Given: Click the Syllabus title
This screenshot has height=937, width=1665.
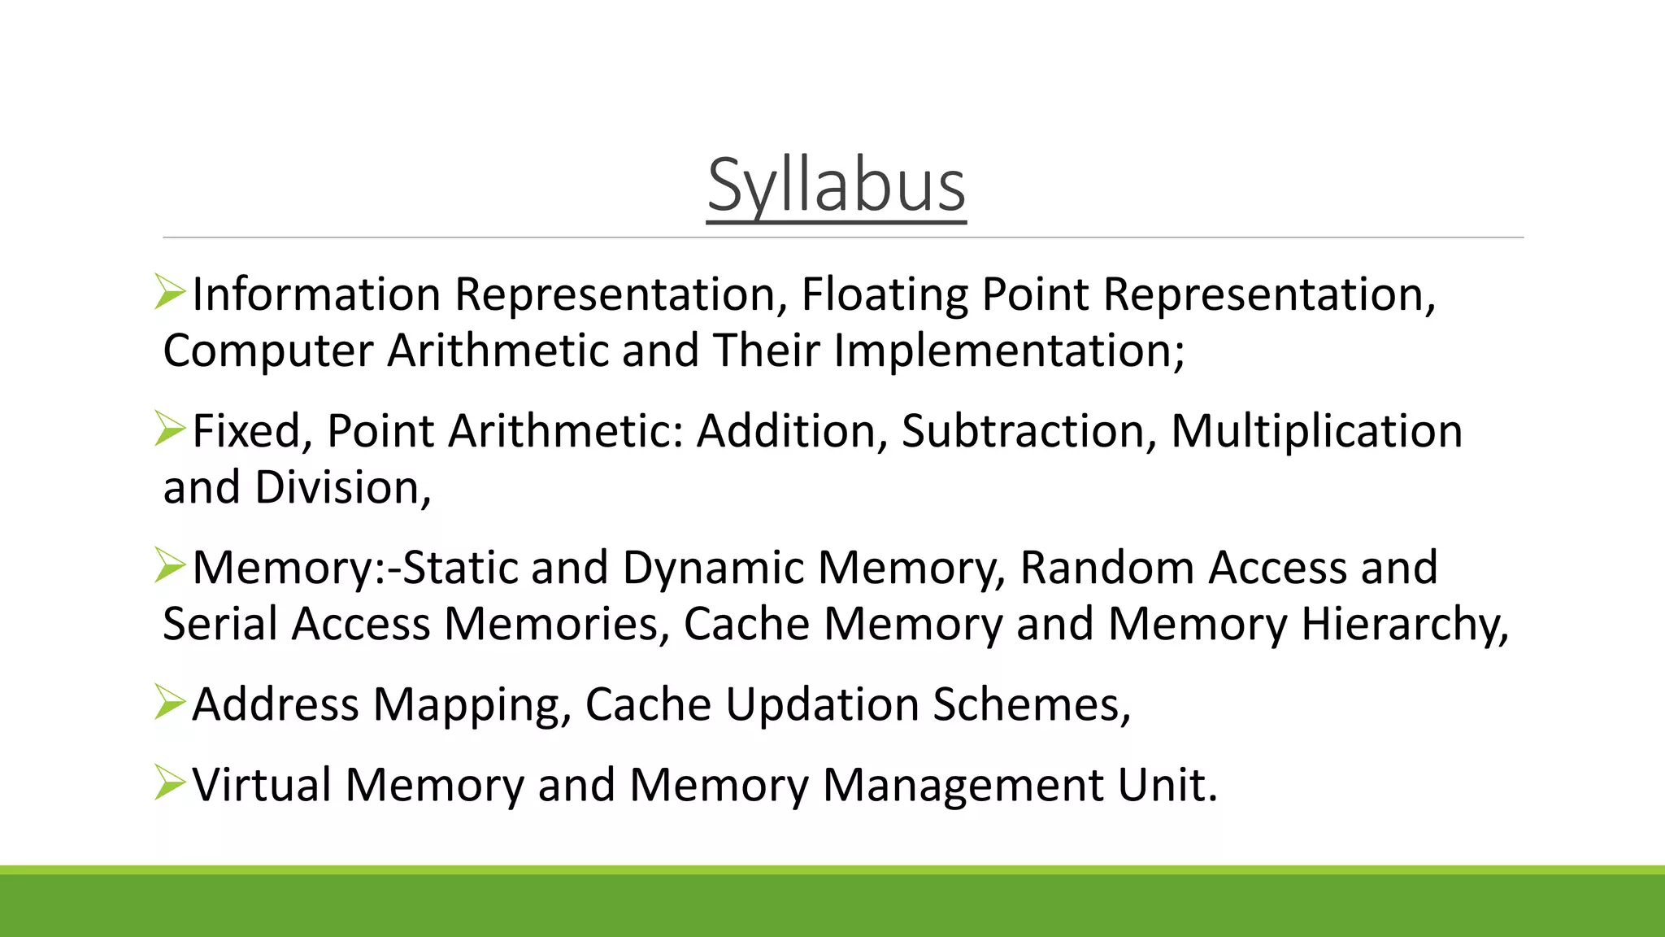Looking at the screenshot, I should pos(836,185).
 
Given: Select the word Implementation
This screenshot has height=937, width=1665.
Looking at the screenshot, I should pos(1008,351).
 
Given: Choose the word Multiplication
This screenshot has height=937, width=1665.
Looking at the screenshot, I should pos(1316,430).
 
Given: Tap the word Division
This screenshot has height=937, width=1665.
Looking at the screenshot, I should pos(342,487).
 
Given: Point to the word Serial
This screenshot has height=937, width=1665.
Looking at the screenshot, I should pos(220,624).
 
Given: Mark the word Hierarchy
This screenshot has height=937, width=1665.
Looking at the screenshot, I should pos(1404,624).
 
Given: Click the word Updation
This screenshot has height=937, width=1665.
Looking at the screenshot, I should pos(822,704).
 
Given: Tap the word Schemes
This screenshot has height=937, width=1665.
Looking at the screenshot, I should pos(1031,704).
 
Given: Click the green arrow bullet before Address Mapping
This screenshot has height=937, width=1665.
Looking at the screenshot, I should pos(169,702).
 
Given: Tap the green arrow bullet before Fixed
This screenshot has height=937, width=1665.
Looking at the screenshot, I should pos(169,429).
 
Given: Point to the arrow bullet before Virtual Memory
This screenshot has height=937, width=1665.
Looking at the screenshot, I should pos(169,782).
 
